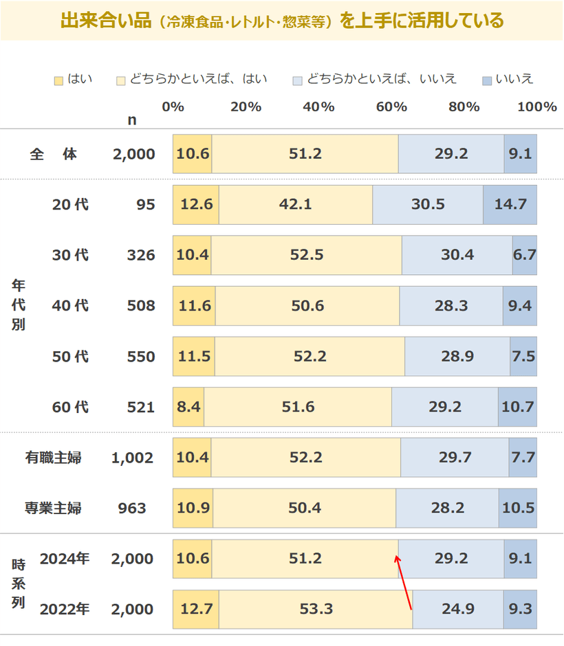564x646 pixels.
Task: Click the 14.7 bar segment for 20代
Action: pos(510,205)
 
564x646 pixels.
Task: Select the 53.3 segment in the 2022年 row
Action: pos(316,609)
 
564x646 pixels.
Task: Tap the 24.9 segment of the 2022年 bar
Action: pos(457,609)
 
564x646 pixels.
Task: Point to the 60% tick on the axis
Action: pos(391,107)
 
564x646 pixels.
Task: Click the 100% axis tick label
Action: pos(536,107)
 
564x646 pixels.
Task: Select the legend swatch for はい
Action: pos(59,80)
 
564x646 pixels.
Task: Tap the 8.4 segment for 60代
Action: pos(188,407)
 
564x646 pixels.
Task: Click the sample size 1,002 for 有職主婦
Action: pos(132,458)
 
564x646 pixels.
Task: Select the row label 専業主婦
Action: pos(53,509)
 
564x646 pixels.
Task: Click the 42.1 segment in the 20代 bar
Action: pos(295,205)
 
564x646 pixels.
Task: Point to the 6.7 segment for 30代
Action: pos(524,255)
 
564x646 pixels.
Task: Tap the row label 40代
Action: pos(70,306)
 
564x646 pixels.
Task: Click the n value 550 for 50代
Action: pos(140,357)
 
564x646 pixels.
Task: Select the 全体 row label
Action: pos(53,154)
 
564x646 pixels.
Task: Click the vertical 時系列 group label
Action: pos(19,584)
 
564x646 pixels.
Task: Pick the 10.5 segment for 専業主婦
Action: pos(517,509)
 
